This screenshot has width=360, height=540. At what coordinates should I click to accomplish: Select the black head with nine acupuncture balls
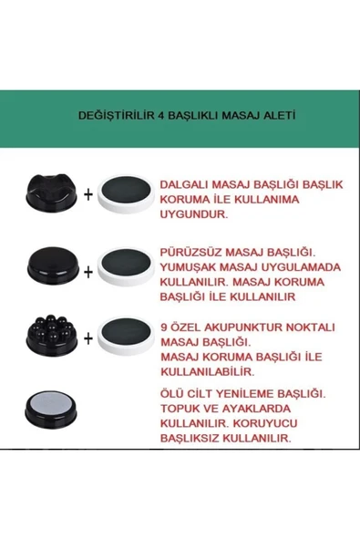pos(52,337)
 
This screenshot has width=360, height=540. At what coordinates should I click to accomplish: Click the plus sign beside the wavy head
pos(87,195)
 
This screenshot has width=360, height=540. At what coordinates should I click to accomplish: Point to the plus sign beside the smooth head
pos(87,270)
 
